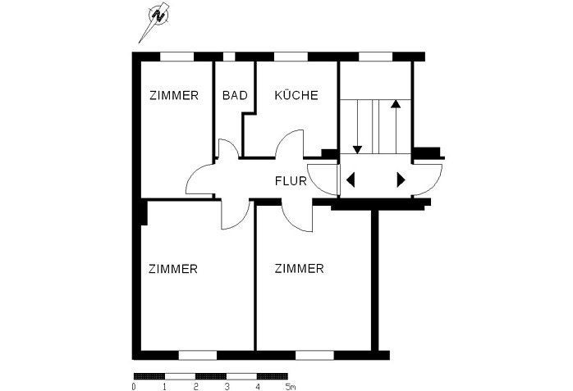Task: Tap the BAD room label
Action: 235,95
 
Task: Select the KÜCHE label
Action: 296,95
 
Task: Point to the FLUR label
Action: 291,182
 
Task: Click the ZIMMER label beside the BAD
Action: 174,95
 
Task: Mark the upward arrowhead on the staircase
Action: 396,105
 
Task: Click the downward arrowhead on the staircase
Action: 358,148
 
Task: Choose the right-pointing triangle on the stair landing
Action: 401,180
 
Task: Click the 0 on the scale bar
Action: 134,385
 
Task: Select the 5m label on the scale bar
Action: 289,385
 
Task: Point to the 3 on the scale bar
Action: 227,385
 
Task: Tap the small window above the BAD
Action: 229,56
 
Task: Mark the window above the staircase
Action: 376,56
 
